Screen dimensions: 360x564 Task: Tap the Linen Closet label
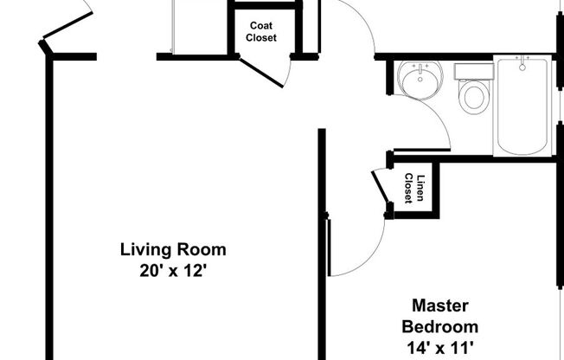coord(414,189)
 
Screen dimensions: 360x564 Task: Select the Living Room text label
coord(172,250)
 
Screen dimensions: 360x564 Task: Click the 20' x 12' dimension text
coord(172,269)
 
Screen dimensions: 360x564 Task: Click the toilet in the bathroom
coord(473,94)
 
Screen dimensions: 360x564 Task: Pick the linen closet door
coord(381,187)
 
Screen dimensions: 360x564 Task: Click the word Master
coord(439,306)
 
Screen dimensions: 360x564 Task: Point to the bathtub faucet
coord(522,63)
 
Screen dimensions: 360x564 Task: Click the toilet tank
coord(472,71)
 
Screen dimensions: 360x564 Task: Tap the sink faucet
coord(420,67)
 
